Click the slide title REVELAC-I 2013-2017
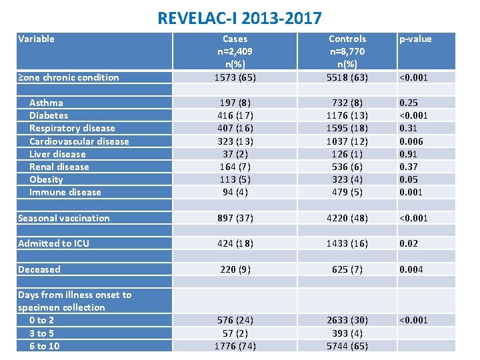point(239,17)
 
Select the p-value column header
point(415,39)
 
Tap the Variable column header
point(37,39)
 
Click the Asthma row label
point(46,103)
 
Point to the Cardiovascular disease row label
point(79,141)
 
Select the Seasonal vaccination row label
point(63,218)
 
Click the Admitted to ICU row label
point(53,243)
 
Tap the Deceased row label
point(39,269)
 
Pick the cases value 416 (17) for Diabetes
point(235,115)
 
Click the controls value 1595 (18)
point(347,128)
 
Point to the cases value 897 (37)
point(235,218)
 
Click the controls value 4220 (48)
point(347,218)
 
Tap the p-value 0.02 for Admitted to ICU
point(409,243)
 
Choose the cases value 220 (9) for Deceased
point(235,269)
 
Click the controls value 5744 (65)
point(347,346)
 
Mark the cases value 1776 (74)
point(235,346)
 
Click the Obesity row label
point(46,179)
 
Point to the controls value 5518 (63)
point(347,77)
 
